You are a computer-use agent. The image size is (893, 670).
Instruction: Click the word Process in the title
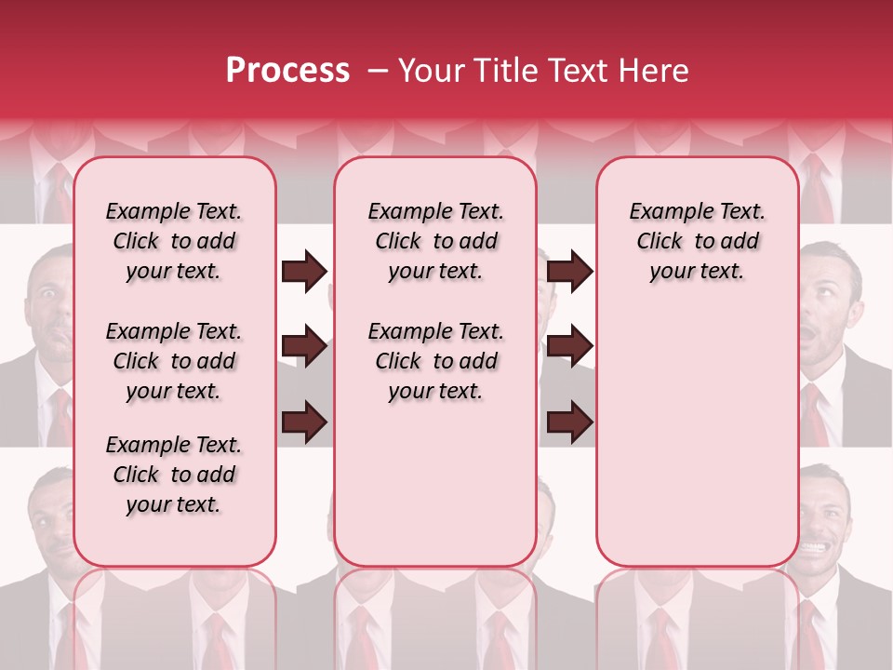click(x=287, y=71)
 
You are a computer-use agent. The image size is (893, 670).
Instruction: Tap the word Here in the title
click(x=657, y=71)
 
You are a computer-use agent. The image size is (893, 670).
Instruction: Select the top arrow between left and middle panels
click(x=304, y=272)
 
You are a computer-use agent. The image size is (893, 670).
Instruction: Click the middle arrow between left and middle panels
click(x=304, y=347)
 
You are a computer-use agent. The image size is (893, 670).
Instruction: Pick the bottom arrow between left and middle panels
click(x=304, y=421)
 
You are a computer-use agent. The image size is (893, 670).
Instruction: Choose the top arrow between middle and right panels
click(x=569, y=272)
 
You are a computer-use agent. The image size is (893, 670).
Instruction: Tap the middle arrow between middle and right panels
click(x=569, y=347)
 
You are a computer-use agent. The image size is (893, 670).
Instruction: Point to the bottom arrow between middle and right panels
click(x=569, y=421)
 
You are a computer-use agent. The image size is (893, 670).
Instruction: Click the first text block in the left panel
click(x=174, y=241)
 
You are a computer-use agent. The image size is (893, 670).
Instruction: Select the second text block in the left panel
click(x=174, y=361)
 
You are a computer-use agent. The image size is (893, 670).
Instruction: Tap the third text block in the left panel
click(x=174, y=475)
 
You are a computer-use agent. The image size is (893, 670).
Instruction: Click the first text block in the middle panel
click(x=436, y=241)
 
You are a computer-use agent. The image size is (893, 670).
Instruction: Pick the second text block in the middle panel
click(x=436, y=361)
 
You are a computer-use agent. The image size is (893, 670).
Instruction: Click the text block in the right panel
click(x=698, y=241)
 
